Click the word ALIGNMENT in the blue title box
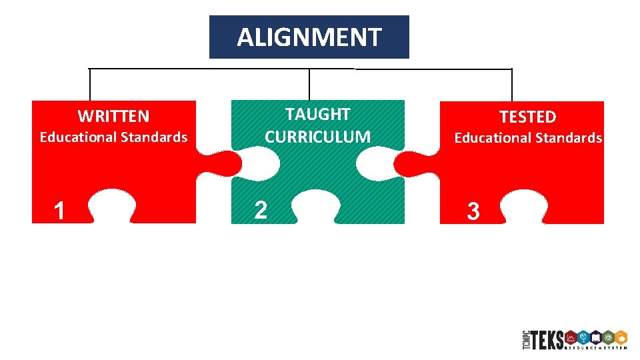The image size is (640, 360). tap(309, 37)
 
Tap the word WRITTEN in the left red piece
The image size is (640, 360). tap(113, 117)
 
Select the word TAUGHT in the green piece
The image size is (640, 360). tap(317, 114)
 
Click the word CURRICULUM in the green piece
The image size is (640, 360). tap(317, 137)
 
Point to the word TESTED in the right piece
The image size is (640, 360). tap(527, 117)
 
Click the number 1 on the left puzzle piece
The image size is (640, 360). tap(59, 211)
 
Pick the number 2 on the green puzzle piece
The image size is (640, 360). tap(261, 210)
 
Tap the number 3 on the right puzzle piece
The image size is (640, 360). tap(473, 212)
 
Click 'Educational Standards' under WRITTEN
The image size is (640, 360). tap(113, 137)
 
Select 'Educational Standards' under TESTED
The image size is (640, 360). tap(528, 138)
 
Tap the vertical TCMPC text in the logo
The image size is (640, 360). tap(525, 340)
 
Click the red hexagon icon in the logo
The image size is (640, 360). tap(570, 337)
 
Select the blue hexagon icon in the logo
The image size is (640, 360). tap(583, 337)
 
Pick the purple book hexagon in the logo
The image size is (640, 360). tap(595, 337)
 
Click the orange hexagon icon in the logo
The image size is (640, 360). tap(620, 337)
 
